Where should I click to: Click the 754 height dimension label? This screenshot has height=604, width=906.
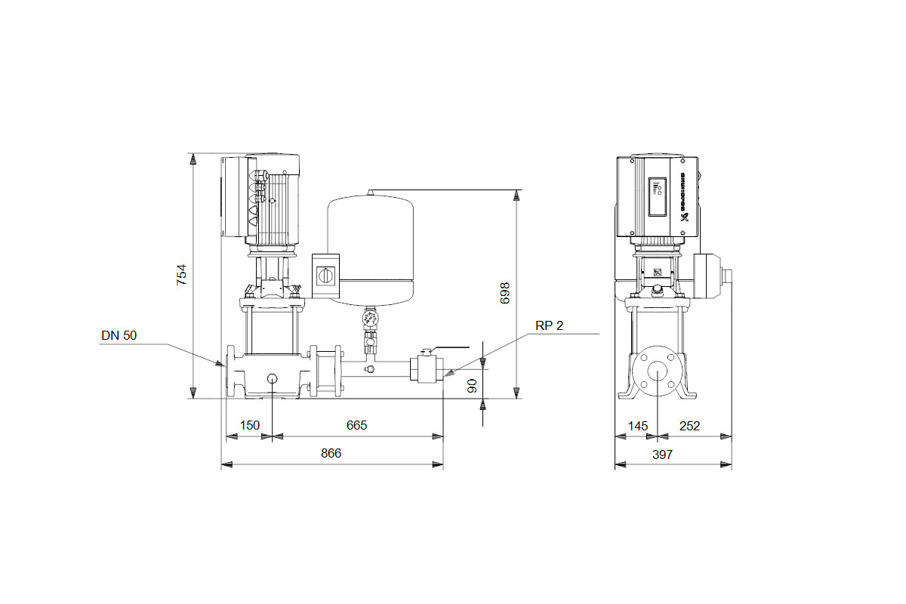click(x=182, y=275)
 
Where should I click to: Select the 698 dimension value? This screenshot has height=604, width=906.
click(x=505, y=293)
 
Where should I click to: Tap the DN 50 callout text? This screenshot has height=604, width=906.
click(x=119, y=335)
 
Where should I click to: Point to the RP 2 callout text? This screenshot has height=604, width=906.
click(x=550, y=325)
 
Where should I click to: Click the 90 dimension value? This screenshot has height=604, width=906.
click(x=472, y=386)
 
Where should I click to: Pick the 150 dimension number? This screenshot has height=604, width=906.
click(x=250, y=425)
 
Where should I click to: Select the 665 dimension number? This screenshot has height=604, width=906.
click(x=356, y=425)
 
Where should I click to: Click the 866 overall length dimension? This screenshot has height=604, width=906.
click(x=331, y=453)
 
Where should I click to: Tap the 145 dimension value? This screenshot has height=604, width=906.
click(x=638, y=426)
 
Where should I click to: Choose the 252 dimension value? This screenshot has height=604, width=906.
click(x=689, y=426)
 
